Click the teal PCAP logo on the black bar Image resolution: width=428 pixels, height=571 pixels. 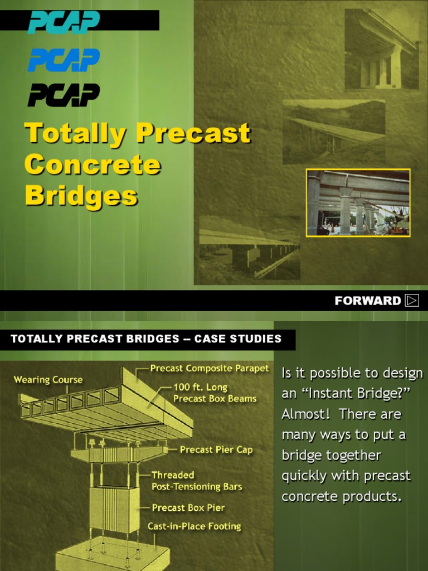pos(64,22)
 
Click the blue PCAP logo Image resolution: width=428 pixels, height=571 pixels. pos(64,59)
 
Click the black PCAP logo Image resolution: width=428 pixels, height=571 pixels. pos(64,95)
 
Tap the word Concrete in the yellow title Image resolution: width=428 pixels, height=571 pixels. pos(93,164)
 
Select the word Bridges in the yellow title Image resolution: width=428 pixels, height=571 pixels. pos(81,196)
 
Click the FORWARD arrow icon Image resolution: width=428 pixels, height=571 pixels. pos(412,301)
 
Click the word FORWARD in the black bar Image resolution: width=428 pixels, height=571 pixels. pos(367,301)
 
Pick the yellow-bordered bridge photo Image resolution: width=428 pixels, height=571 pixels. pos(358,203)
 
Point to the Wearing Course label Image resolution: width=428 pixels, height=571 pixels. pos(48,380)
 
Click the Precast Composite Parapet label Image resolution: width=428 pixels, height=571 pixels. pos(210,369)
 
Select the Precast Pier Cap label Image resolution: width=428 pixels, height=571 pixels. pos(216,449)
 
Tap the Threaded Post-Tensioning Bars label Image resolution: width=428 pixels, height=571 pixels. pos(197,481)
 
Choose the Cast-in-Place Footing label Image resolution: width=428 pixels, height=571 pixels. pos(194,526)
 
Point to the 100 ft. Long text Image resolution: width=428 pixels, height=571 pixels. pos(200,388)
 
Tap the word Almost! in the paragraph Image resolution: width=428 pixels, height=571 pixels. pos(304,414)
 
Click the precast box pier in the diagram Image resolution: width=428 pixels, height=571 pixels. pos(115,508)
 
